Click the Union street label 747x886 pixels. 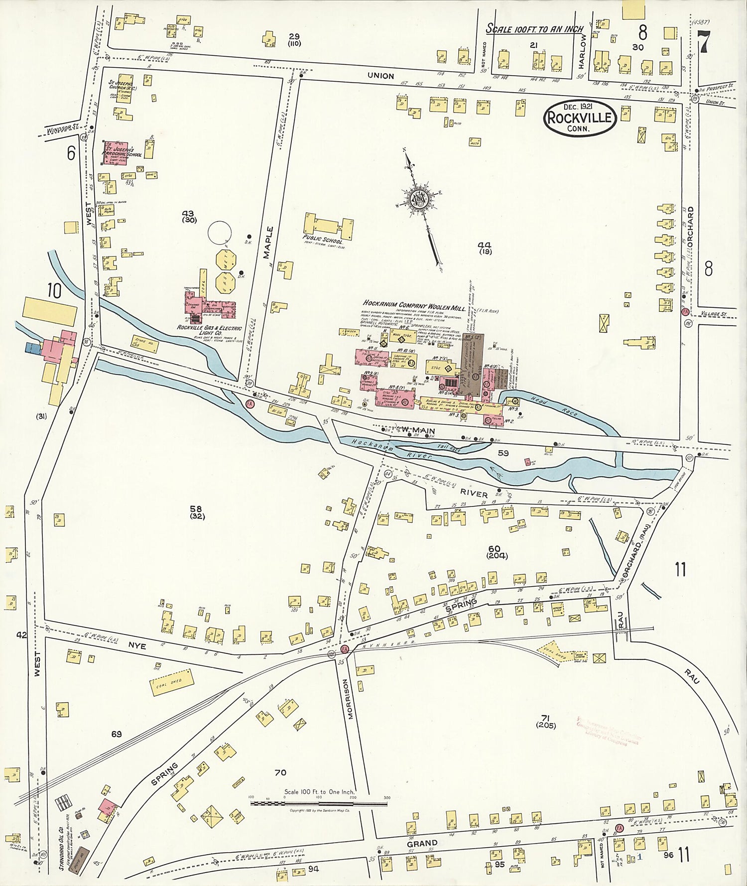click(x=380, y=76)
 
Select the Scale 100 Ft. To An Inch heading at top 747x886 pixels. click(x=534, y=29)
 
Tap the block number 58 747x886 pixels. click(x=195, y=508)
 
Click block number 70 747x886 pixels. click(x=280, y=772)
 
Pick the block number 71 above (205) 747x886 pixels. click(x=545, y=718)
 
